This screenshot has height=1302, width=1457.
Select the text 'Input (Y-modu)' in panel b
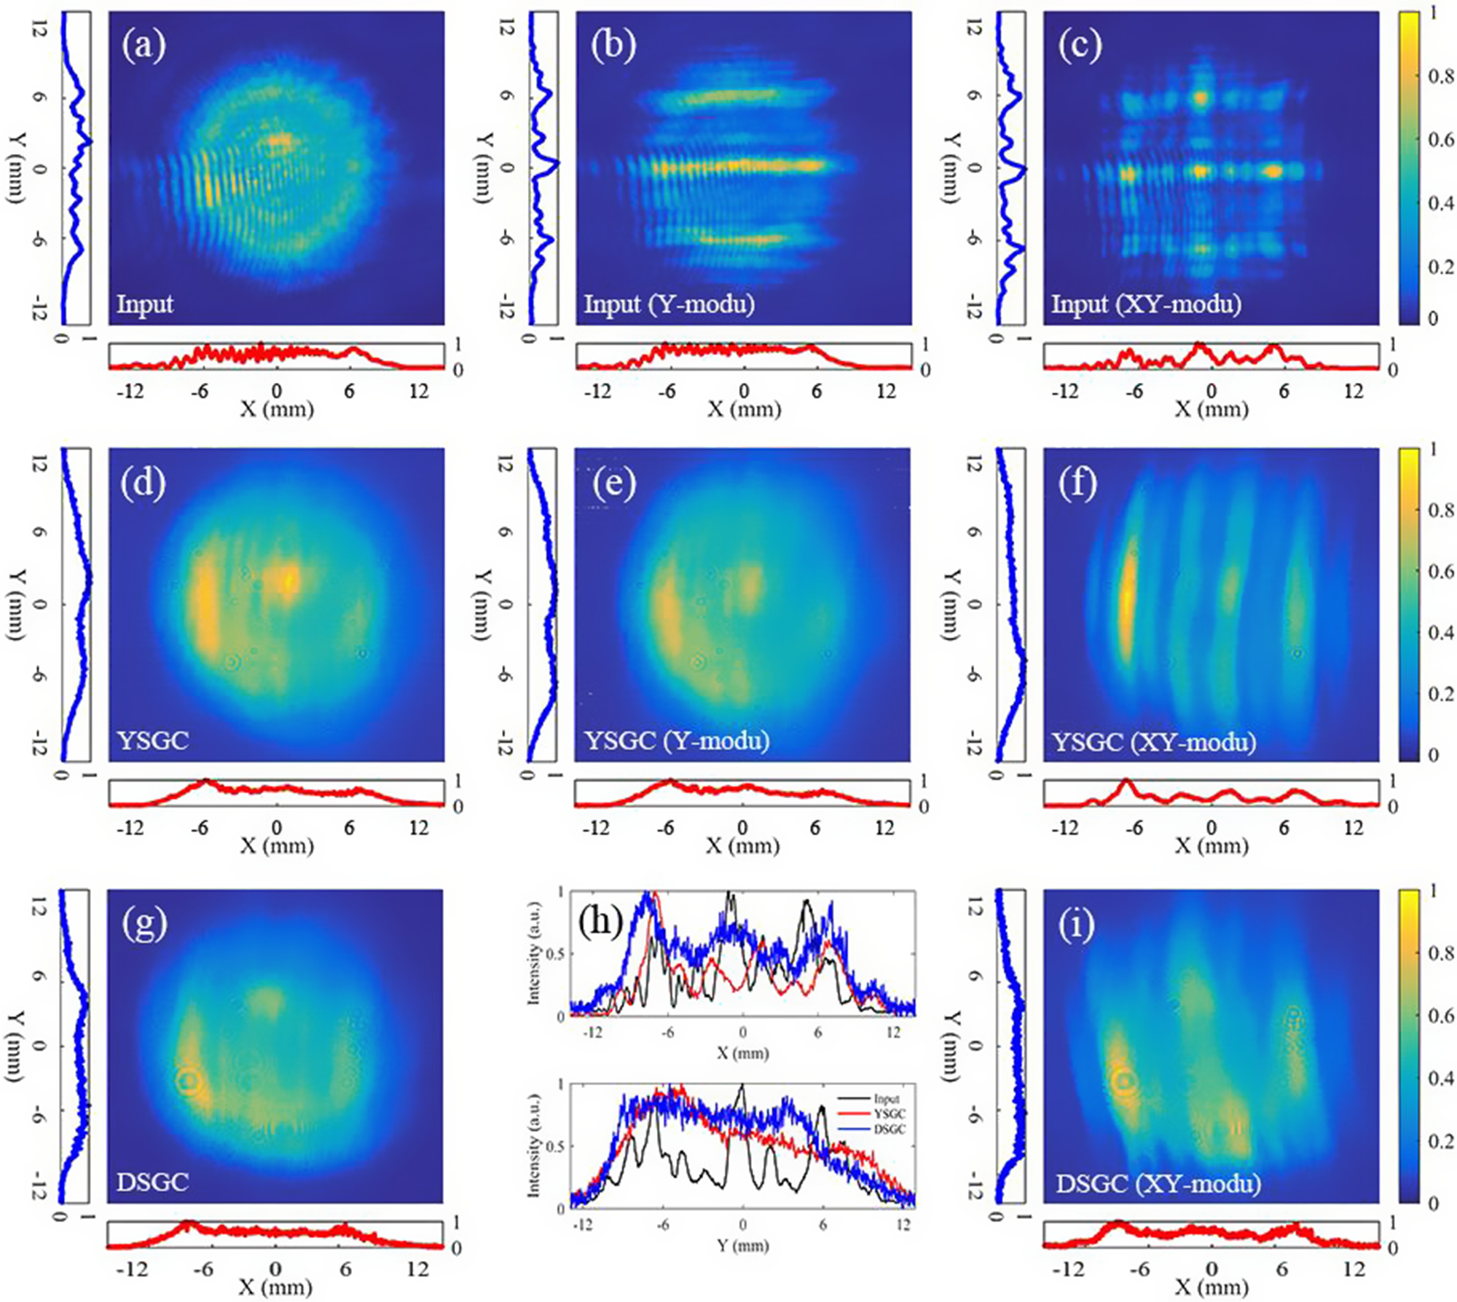click(669, 302)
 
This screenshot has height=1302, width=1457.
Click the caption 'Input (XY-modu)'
click(1146, 302)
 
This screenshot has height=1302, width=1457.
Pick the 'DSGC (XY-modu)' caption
click(1158, 1183)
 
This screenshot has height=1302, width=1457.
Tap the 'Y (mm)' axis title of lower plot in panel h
click(742, 1246)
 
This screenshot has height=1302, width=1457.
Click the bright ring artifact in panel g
click(189, 1080)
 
